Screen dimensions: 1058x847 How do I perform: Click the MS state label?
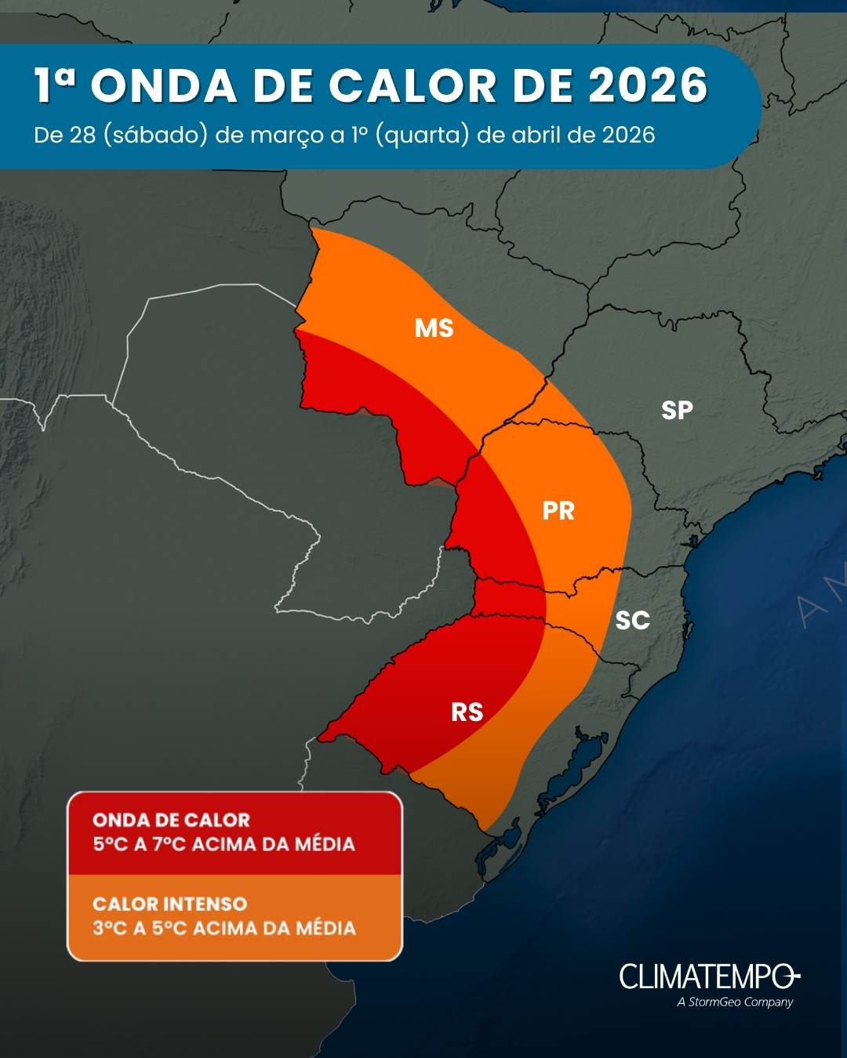point(434,328)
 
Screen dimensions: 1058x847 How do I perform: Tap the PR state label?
point(558,511)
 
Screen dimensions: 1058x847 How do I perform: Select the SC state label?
point(632,621)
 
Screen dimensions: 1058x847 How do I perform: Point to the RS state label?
point(467,712)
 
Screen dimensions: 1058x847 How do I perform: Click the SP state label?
point(677,410)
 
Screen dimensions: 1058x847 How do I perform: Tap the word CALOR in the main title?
point(413,85)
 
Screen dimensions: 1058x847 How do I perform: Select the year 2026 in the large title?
point(649,85)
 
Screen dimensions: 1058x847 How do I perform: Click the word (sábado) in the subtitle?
point(156,135)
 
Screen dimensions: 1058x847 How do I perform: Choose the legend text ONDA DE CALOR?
point(171,820)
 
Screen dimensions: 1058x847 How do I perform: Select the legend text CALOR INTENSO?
point(169,904)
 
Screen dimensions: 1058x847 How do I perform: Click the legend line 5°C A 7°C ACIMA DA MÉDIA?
point(224,844)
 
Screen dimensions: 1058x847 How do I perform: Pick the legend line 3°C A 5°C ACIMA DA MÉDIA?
point(224,928)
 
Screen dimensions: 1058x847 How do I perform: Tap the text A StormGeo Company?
point(735,1002)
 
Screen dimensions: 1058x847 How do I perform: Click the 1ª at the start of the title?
point(55,85)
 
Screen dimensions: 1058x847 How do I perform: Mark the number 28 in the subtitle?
point(82,135)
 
